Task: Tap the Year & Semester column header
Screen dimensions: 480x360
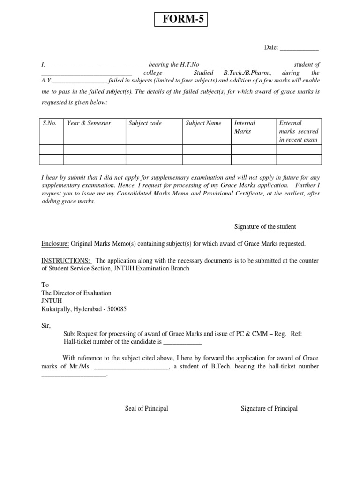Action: pos(89,123)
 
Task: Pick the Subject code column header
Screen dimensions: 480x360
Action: pos(145,123)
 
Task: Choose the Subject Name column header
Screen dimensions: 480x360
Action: pos(203,123)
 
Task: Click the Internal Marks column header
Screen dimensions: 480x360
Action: pos(245,127)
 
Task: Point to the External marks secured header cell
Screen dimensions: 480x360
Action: pos(299,131)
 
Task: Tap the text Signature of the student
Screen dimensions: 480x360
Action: pos(265,227)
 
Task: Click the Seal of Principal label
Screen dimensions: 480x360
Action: pos(146,409)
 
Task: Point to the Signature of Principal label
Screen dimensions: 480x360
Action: pos(269,409)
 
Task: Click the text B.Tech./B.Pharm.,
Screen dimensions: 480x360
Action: pos(249,73)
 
